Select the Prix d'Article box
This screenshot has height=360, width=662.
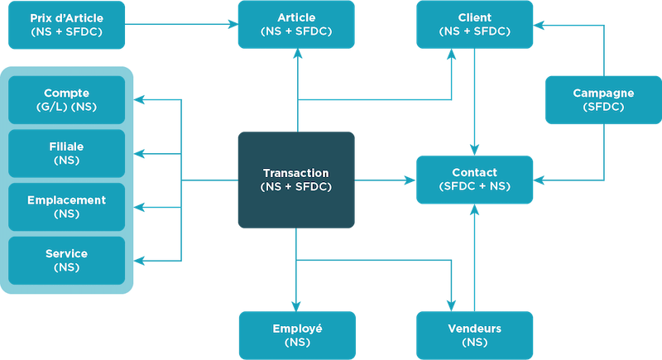pos(67,24)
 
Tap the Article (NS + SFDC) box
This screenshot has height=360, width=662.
pos(296,24)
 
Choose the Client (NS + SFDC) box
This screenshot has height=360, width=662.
pos(474,24)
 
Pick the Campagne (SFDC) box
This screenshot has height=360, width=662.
pos(603,100)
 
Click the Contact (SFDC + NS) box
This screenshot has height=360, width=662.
pos(474,180)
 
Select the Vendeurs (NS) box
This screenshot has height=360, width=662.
pos(474,335)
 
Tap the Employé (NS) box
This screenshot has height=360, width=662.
pos(296,335)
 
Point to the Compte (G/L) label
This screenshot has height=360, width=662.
pos(67,99)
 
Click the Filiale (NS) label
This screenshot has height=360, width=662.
pos(67,153)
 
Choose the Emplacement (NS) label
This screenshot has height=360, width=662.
pos(67,207)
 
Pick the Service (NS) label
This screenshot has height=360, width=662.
pos(67,260)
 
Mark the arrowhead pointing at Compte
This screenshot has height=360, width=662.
pos(140,101)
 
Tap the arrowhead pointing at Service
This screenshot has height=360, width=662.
pos(140,261)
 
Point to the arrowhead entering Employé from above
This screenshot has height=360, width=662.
pos(296,305)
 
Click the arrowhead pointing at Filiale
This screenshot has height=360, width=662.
pos(140,154)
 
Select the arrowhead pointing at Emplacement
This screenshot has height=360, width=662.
pos(140,208)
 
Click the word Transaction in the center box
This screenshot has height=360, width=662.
pos(296,173)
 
